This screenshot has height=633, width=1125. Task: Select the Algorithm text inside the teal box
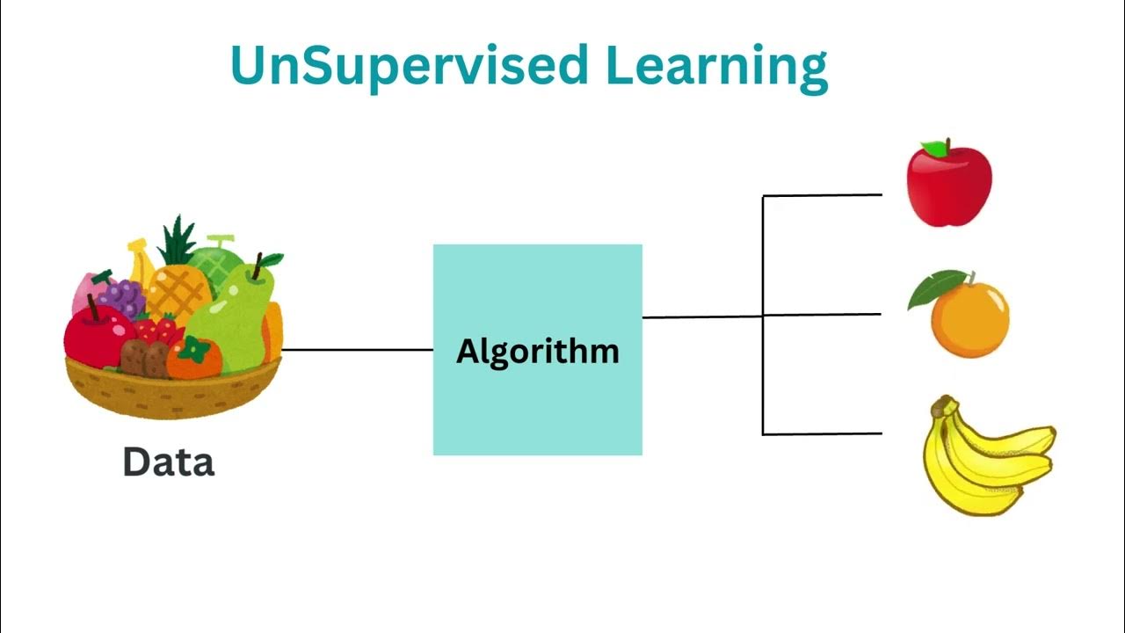click(538, 352)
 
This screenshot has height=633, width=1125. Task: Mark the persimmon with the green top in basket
click(192, 358)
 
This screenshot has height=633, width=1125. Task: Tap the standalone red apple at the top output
click(949, 186)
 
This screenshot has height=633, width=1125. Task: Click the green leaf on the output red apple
click(935, 149)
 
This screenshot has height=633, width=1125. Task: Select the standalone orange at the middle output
click(970, 318)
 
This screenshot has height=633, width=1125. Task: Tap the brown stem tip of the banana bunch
click(942, 405)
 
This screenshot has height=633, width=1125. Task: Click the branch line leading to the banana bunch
click(822, 433)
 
